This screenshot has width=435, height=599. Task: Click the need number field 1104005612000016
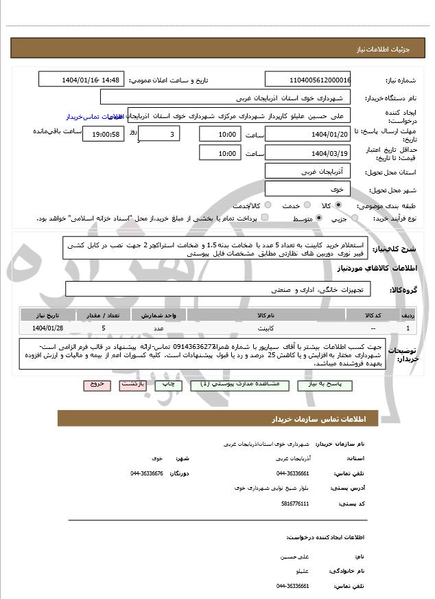pyautogui.click(x=307, y=80)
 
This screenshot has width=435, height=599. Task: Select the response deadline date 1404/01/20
pyautogui.click(x=307, y=134)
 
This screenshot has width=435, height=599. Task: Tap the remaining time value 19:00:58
pyautogui.click(x=103, y=134)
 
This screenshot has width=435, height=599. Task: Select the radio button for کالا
pyautogui.click(x=338, y=205)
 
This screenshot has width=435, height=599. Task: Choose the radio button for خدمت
pyautogui.click(x=306, y=205)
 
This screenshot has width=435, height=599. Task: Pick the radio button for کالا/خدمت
pyautogui.click(x=268, y=205)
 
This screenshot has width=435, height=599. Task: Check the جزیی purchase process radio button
pyautogui.click(x=355, y=218)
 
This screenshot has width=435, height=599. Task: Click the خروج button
pyautogui.click(x=95, y=385)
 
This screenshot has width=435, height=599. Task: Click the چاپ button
pyautogui.click(x=168, y=385)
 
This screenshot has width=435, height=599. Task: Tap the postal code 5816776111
pyautogui.click(x=293, y=504)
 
